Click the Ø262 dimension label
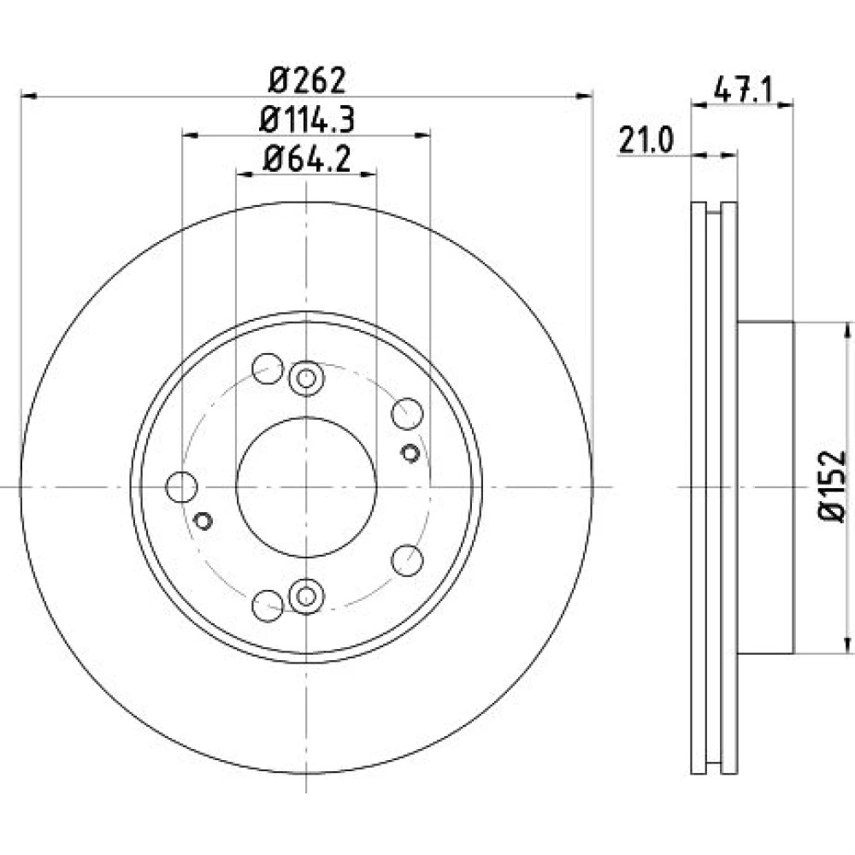click(308, 80)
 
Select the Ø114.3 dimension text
click(307, 120)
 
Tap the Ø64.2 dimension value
click(307, 159)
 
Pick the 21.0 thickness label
click(646, 141)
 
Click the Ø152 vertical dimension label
click(833, 486)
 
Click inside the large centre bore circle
click(306, 487)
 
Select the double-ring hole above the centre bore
click(306, 379)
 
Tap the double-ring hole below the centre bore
click(306, 596)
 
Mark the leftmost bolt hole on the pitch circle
click(181, 487)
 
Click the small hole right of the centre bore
click(410, 452)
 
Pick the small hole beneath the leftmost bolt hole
click(203, 521)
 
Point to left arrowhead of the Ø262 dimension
click(28, 97)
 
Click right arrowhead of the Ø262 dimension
click(585, 97)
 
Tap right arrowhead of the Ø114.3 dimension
click(422, 135)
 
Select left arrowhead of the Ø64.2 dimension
click(245, 174)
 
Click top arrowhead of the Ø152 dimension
click(847, 330)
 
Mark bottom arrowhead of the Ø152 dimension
click(847, 645)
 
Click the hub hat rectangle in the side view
click(765, 487)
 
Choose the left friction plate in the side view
click(699, 487)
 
